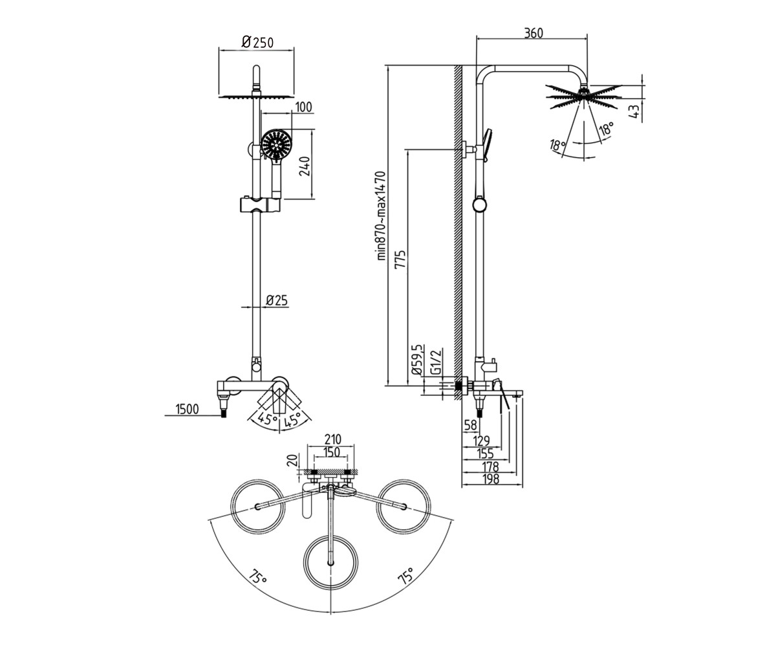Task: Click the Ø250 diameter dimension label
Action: tap(257, 42)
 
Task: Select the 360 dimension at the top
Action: tap(533, 33)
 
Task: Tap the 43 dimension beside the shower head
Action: tap(636, 111)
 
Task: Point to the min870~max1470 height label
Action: tap(382, 215)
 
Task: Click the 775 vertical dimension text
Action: tap(400, 259)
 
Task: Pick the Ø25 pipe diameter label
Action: tap(277, 300)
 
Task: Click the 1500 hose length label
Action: tap(187, 410)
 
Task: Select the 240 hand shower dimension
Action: tap(305, 166)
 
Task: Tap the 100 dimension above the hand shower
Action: tap(304, 107)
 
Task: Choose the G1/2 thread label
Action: tap(436, 362)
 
